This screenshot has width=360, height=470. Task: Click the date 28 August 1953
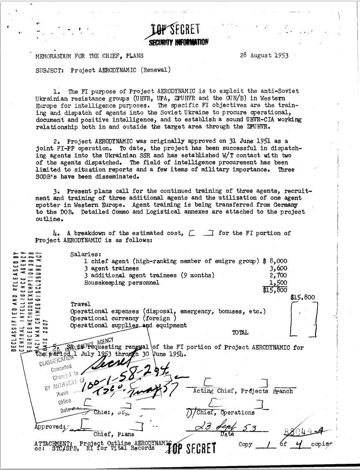tap(264, 56)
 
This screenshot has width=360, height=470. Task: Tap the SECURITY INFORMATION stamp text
tap(175, 42)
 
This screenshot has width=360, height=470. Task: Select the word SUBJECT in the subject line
tap(48, 70)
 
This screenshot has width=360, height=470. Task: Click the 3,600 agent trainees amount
tap(278, 268)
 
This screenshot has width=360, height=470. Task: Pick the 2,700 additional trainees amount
tap(278, 275)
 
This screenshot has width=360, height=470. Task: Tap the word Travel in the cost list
tap(80, 305)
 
